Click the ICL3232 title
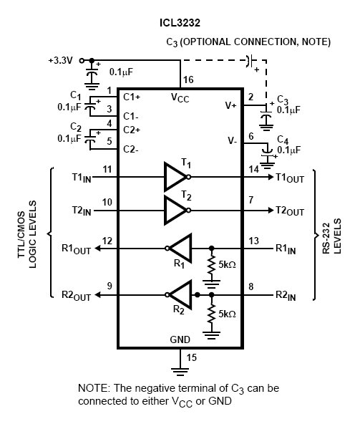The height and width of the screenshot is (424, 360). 180,23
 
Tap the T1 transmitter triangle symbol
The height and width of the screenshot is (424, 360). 175,177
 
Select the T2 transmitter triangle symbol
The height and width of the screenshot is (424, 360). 175,210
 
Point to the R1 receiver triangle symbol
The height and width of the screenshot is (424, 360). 180,249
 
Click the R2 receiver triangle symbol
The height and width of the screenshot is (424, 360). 180,295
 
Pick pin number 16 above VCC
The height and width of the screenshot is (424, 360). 188,79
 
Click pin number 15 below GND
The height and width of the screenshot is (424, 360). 191,357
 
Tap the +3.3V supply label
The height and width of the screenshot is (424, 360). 61,60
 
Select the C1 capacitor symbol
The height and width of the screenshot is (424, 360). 90,106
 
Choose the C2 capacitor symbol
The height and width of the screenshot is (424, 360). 90,139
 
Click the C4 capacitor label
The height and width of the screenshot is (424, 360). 283,140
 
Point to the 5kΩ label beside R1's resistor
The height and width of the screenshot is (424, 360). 227,264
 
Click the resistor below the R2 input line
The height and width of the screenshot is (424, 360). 211,313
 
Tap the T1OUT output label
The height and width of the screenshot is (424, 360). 290,178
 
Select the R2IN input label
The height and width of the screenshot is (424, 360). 286,295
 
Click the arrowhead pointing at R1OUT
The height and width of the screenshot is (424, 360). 97,249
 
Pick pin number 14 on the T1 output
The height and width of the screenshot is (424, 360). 254,170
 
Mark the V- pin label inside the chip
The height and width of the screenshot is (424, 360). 233,140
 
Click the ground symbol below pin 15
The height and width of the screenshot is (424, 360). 180,372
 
